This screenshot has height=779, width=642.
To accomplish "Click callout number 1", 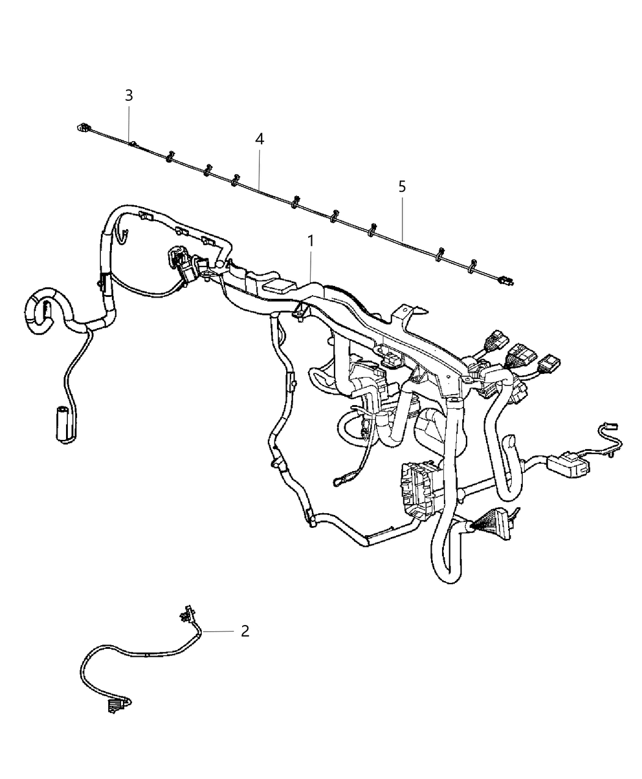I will (x=311, y=241).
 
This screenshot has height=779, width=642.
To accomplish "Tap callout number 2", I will (x=245, y=631).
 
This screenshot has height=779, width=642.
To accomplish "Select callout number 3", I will (x=128, y=95).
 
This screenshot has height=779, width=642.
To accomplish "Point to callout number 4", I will (x=260, y=139).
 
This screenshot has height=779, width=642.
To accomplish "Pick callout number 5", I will (x=402, y=186).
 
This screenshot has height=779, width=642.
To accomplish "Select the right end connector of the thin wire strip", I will (x=506, y=280).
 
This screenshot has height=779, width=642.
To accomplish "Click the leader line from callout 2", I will (x=219, y=631).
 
